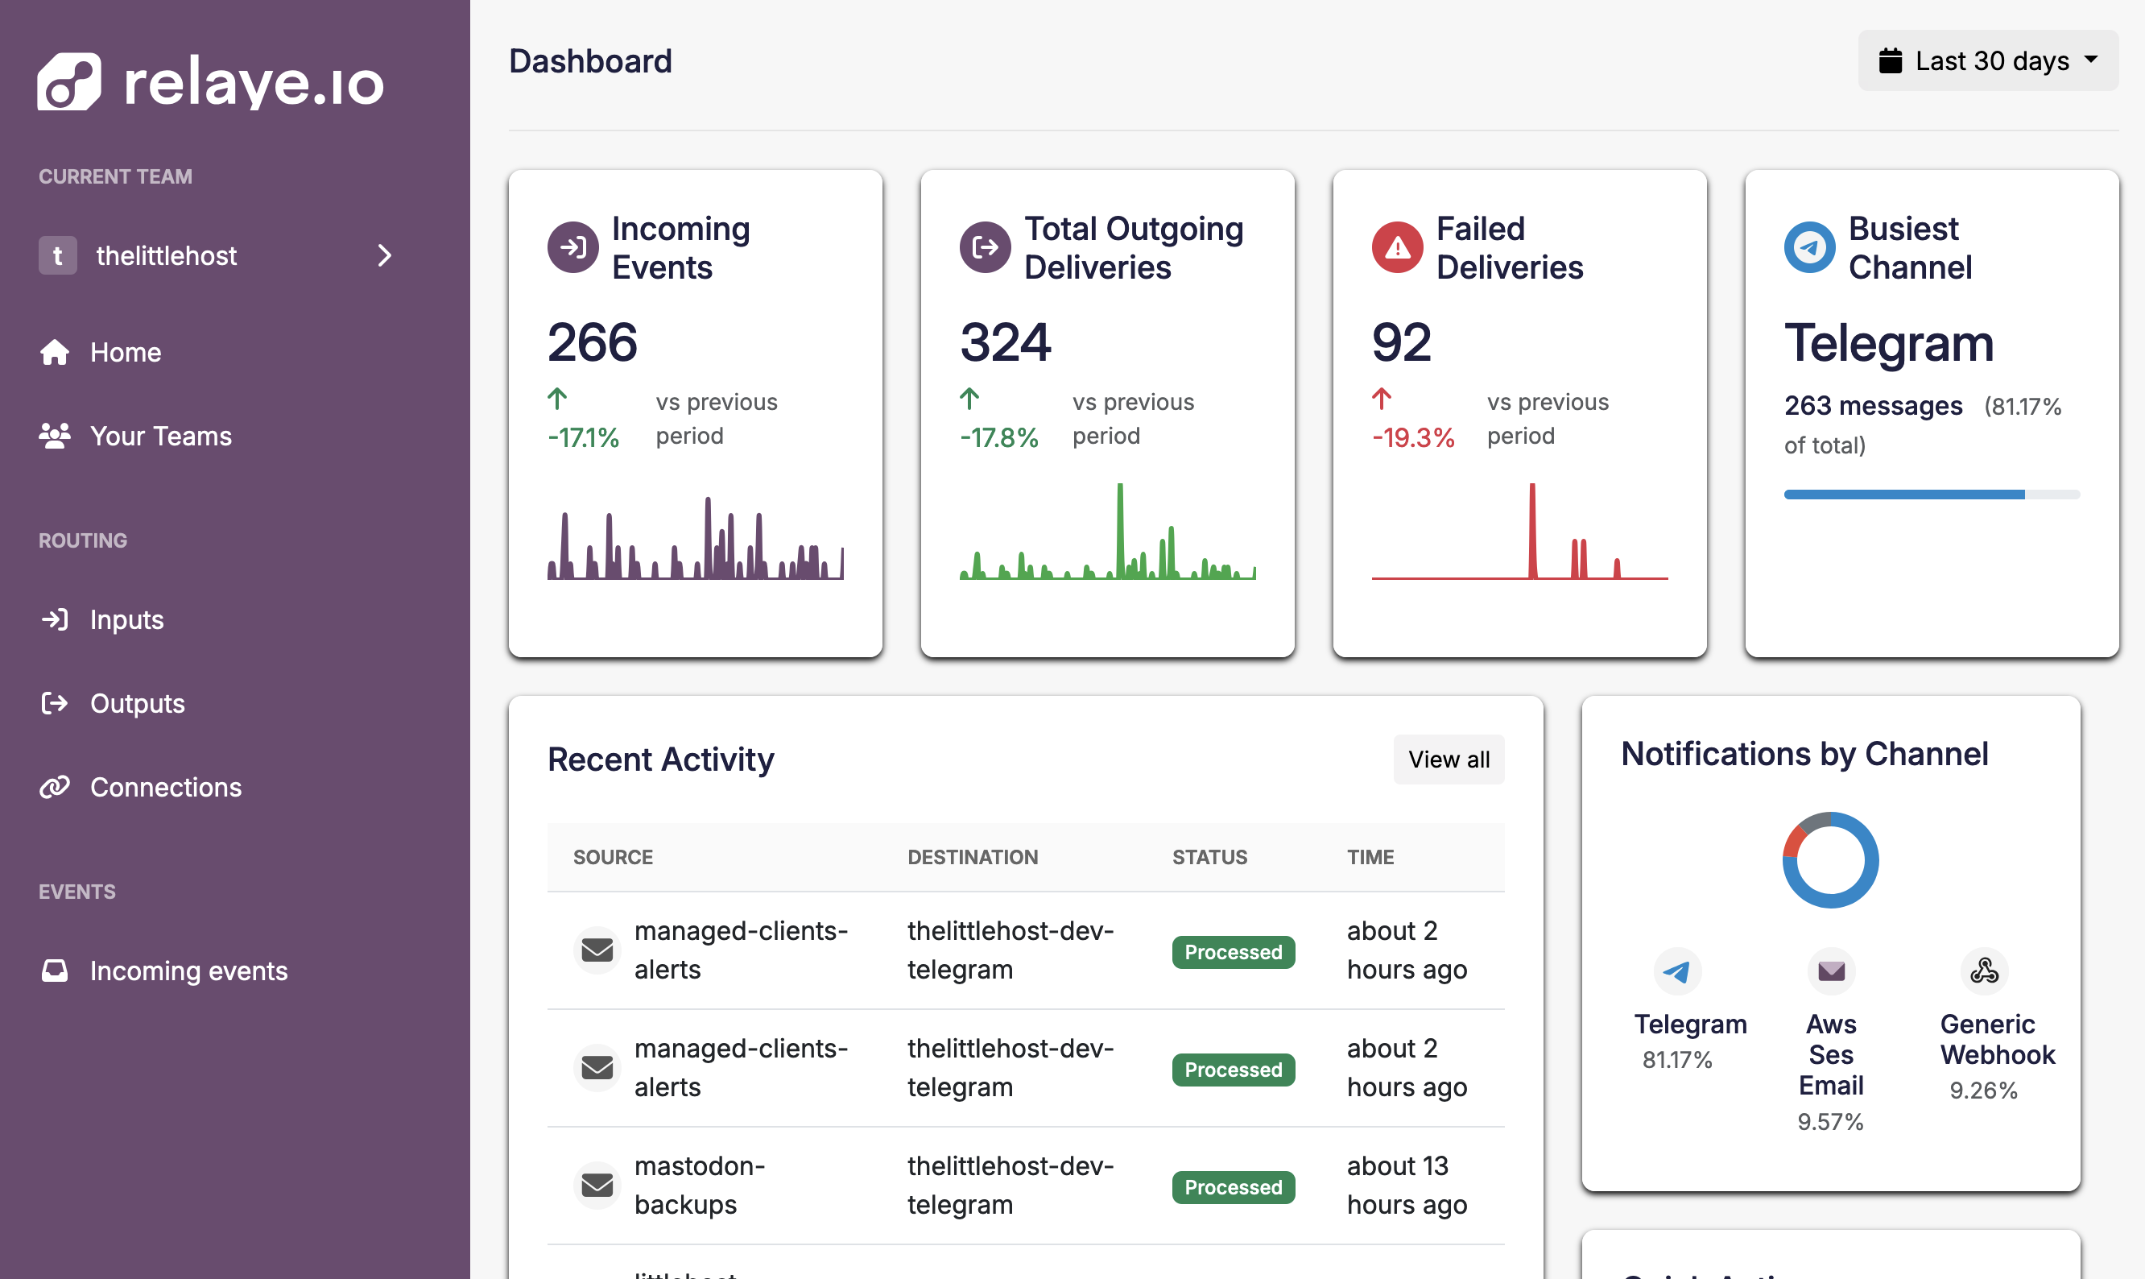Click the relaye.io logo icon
(69, 82)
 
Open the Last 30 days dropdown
(1987, 61)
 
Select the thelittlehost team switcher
(215, 256)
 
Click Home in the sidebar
(125, 353)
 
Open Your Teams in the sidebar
(160, 436)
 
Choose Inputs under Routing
(126, 619)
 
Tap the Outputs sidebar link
(137, 703)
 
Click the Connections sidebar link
(165, 787)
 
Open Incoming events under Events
(188, 971)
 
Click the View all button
(1448, 760)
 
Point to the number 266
(593, 342)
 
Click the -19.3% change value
(1413, 438)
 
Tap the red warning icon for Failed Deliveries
(1396, 248)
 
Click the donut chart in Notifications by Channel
(1829, 860)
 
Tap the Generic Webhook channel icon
(1984, 971)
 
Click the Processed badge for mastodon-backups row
(1233, 1188)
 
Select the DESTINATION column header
(973, 858)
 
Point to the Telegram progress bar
(1931, 495)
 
